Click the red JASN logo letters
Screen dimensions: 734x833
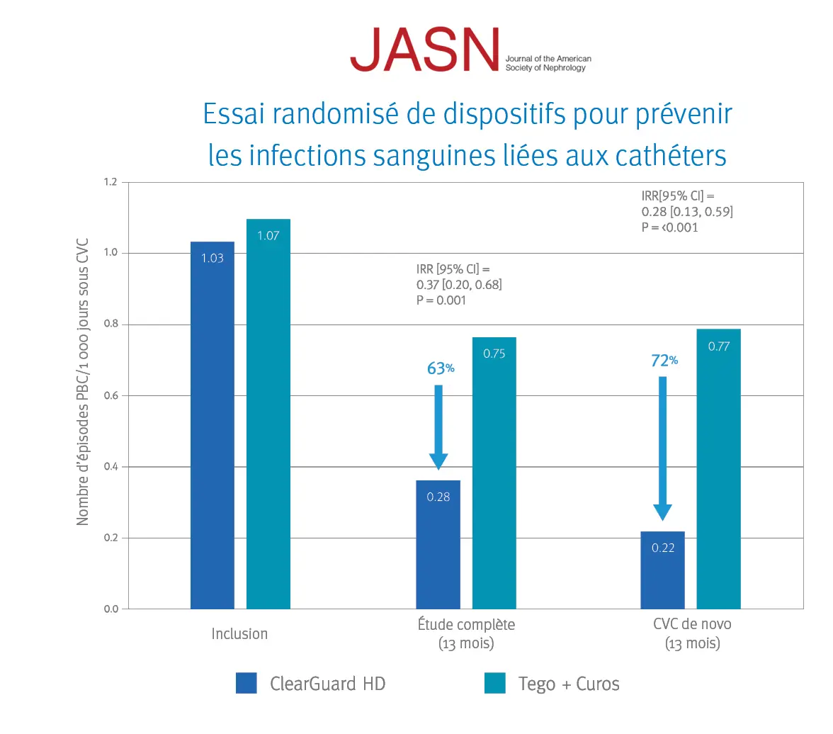[x=424, y=50]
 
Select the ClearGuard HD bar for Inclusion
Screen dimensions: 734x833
[x=212, y=425]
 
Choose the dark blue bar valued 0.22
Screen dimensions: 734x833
[x=662, y=570]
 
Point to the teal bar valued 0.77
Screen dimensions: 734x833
[x=718, y=468]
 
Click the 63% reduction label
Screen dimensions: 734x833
[x=440, y=368]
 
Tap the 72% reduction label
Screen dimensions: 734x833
[x=664, y=361]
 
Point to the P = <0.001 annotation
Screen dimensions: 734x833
[x=669, y=227]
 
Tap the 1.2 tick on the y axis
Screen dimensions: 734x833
[x=110, y=182]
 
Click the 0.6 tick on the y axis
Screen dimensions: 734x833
[x=110, y=395]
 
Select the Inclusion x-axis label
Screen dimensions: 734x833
[x=239, y=633]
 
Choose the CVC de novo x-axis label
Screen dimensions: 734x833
[x=692, y=624]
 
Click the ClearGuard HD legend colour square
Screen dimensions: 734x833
[x=246, y=683]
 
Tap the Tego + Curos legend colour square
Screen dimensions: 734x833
[x=494, y=683]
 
